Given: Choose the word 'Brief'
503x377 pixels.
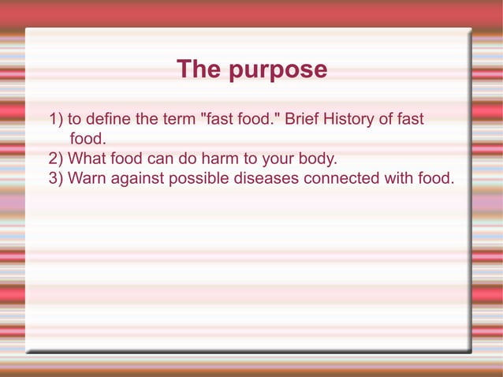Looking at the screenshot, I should [x=303, y=120].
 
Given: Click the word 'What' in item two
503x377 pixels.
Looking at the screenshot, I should [x=88, y=159].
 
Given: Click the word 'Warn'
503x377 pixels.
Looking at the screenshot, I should [x=86, y=178].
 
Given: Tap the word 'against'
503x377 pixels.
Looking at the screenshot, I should [x=136, y=178].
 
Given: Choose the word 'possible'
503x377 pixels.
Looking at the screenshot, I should [x=198, y=178].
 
